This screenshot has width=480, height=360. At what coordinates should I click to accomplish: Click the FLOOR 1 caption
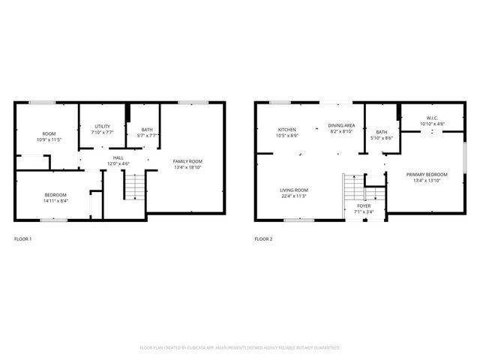pos(23,239)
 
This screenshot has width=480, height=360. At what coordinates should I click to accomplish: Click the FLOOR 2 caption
pos(263,239)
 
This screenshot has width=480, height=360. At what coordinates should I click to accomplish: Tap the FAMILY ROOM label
pos(187,161)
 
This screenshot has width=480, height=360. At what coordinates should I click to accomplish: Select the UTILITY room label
pos(103,126)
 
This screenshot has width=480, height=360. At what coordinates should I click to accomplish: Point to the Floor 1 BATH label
pos(146,130)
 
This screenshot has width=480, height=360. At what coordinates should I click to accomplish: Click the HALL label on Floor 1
pos(118,157)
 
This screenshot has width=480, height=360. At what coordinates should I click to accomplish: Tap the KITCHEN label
pos(287,130)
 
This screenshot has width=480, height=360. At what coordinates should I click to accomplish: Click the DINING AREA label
pos(341,125)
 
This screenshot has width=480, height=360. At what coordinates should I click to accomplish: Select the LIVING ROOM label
pos(295,190)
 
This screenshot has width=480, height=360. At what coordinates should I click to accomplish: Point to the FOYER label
pos(364,205)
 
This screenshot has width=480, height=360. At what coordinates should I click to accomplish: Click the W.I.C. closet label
pos(432,118)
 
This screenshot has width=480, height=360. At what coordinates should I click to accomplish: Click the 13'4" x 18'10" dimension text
pos(187,168)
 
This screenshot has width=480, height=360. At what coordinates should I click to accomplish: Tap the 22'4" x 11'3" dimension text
pos(295,196)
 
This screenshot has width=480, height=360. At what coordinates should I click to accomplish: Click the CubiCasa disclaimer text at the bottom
pos(240,348)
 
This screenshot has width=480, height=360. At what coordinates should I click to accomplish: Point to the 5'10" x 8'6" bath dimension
pos(382,138)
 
